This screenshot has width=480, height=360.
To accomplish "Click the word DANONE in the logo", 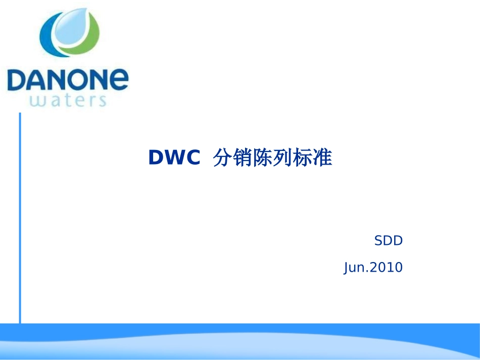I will [x=68, y=79].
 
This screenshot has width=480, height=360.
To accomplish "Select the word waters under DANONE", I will [x=68, y=100].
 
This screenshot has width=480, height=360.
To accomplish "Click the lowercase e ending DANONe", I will [x=118, y=79].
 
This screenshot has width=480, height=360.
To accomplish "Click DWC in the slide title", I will [x=174, y=159].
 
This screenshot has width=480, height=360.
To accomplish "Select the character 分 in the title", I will [x=222, y=158].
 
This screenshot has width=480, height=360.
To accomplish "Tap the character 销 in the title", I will [x=245, y=158].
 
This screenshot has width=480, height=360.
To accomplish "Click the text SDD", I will [x=388, y=241].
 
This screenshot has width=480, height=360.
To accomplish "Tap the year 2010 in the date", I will [x=387, y=267].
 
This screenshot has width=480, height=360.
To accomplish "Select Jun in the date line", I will [x=355, y=268].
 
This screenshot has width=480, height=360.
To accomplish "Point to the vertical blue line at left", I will [x=20, y=217].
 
